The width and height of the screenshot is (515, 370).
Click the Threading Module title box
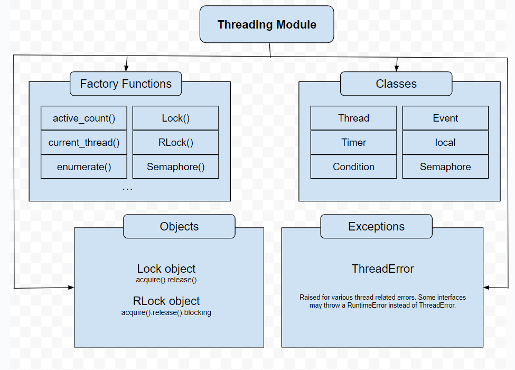click(267, 24)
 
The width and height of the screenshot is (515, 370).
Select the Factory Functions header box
click(126, 84)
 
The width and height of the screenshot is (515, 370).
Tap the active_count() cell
click(84, 118)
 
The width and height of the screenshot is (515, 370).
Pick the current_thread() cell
click(84, 143)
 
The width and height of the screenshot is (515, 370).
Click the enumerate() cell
click(84, 166)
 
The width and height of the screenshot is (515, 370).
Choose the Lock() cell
click(176, 118)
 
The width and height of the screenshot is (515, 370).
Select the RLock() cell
click(176, 143)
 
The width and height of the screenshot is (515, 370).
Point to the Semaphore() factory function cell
click(176, 166)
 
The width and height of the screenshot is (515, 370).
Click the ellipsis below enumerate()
click(127, 189)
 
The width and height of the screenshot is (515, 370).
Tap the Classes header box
click(396, 84)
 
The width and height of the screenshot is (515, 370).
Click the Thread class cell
click(354, 118)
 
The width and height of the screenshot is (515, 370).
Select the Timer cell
click(354, 143)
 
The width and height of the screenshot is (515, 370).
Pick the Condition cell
click(354, 166)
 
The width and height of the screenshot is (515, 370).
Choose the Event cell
click(445, 118)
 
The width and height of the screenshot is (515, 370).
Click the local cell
click(445, 143)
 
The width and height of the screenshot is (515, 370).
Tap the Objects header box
click(180, 226)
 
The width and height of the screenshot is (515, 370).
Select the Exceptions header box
click(377, 226)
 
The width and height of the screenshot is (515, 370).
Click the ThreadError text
click(382, 269)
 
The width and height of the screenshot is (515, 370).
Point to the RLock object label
click(166, 301)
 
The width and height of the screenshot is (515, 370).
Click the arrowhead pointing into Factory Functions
click(126, 68)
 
